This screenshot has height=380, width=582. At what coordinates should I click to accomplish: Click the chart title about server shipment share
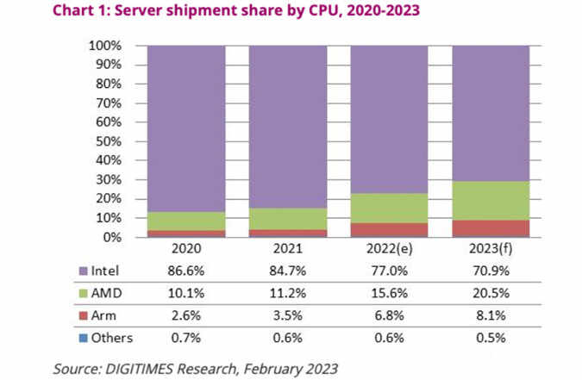coord(236,10)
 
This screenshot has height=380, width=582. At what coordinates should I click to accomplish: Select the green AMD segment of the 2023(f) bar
coord(491,201)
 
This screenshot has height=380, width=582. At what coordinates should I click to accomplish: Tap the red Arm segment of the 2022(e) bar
coord(389,230)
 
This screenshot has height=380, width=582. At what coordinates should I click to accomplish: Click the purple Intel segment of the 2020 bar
coord(186,128)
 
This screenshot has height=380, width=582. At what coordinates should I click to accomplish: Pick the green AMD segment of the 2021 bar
coord(288,219)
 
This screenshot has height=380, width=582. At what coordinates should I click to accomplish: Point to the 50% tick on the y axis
coord(109,141)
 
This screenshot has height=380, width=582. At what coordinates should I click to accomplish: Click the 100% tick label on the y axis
coord(105,46)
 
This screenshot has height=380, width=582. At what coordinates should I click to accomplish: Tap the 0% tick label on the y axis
coord(112,237)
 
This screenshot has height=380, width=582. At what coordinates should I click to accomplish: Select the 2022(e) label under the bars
coord(390,249)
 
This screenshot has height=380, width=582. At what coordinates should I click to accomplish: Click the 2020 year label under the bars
coord(186,249)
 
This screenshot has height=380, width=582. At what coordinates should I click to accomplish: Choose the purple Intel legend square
coord(84,271)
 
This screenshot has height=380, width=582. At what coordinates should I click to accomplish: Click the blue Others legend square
coord(84,338)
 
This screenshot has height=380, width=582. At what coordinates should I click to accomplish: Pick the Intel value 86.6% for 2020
coord(186,271)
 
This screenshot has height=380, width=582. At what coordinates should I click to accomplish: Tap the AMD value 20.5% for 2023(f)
coord(491,293)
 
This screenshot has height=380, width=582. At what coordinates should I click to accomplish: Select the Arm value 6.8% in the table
coord(390,315)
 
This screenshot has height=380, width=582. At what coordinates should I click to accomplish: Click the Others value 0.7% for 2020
coord(186,338)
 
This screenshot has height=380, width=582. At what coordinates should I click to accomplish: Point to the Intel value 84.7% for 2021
coord(288,271)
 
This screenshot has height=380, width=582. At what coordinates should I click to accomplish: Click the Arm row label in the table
coord(103,315)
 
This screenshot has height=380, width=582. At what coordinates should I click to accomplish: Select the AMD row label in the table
coord(107,293)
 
